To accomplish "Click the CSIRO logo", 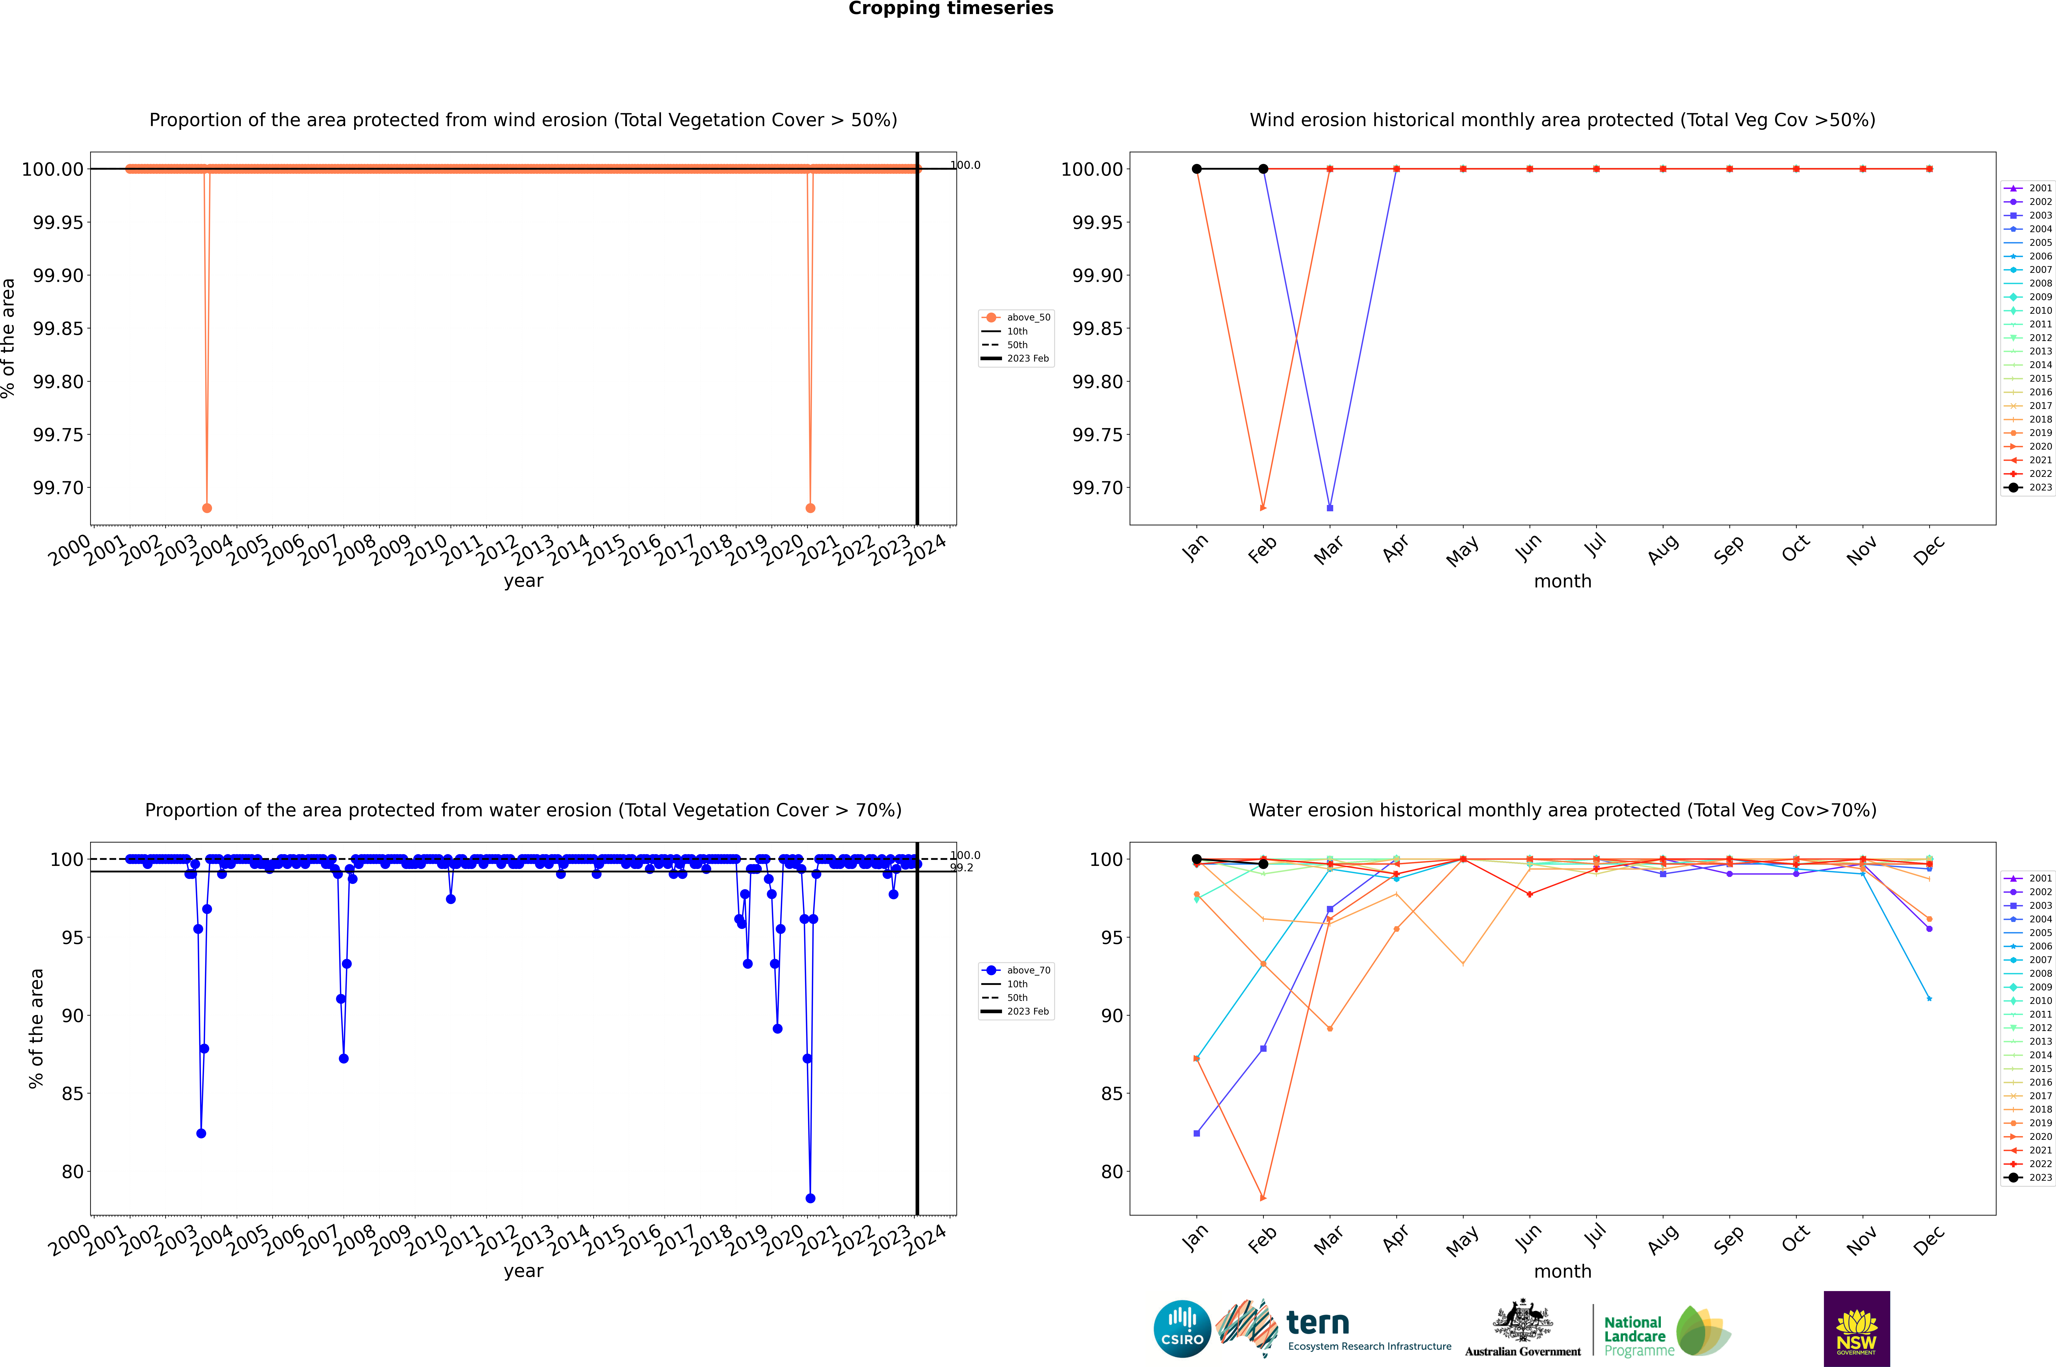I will [x=1182, y=1329].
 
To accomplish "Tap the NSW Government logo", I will [x=1856, y=1329].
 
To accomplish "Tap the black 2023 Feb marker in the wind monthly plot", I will [x=1263, y=169].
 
